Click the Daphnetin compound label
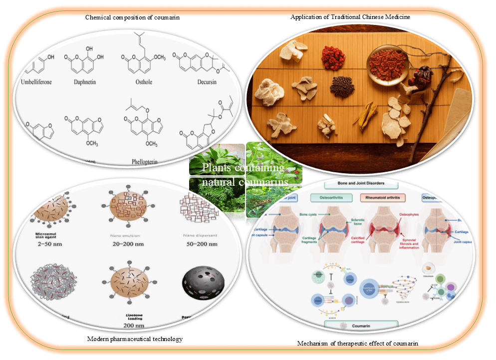coord(83,81)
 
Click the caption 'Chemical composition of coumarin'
coord(132,17)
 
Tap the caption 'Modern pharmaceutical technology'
coord(135,339)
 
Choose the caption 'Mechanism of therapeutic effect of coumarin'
coord(357,343)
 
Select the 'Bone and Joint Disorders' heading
coord(360,183)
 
